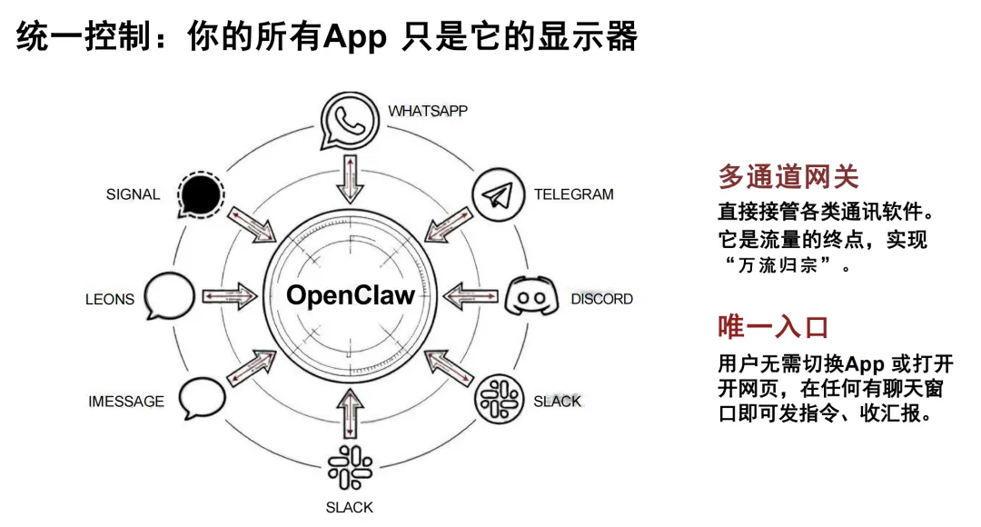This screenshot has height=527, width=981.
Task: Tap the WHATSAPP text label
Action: (x=428, y=111)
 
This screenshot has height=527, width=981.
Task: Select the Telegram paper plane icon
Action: (x=498, y=196)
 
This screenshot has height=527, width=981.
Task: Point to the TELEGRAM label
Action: (x=573, y=194)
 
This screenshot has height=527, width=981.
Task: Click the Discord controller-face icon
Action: (x=530, y=298)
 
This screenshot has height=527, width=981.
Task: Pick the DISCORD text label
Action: (x=601, y=299)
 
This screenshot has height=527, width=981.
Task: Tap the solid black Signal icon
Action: (x=200, y=194)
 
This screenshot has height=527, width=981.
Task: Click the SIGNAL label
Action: (x=133, y=194)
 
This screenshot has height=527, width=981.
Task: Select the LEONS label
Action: (x=110, y=299)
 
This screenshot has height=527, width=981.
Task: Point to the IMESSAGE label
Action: (x=126, y=401)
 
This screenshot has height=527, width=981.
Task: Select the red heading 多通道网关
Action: (x=788, y=176)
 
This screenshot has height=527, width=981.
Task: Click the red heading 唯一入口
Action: (x=774, y=327)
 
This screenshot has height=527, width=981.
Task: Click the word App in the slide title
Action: (x=356, y=39)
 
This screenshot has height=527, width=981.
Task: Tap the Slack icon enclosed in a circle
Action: (x=499, y=397)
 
